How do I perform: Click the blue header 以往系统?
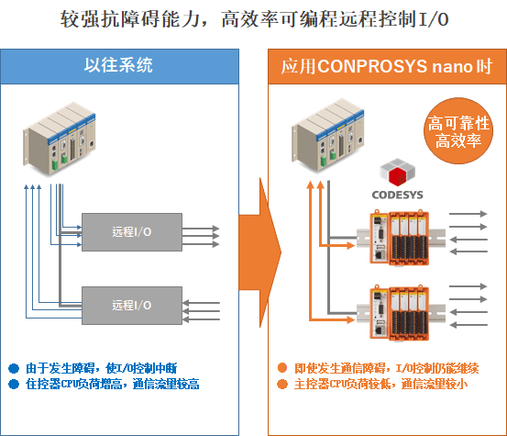tap(119, 66)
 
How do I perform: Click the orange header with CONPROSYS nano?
tap(387, 66)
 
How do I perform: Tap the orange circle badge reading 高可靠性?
tap(458, 130)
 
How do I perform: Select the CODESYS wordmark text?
tap(397, 195)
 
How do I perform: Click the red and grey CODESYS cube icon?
tap(397, 172)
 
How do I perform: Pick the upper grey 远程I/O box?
tap(132, 232)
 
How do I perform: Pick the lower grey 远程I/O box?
tap(132, 306)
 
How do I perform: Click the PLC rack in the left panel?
tap(60, 140)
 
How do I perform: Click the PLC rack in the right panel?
tap(328, 136)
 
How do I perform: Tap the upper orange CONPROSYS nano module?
tap(400, 238)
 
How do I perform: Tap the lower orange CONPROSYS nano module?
tap(400, 313)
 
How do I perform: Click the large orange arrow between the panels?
tap(260, 252)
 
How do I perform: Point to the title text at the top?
tap(254, 19)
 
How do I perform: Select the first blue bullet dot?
tap(14, 368)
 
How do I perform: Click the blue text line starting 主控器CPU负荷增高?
tap(112, 385)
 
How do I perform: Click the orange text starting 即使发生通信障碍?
tap(386, 368)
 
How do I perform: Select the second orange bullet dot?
tap(282, 385)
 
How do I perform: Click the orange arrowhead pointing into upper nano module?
tap(351, 245)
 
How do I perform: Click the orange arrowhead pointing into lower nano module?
tap(351, 320)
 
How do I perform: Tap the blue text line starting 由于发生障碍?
tap(101, 368)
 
